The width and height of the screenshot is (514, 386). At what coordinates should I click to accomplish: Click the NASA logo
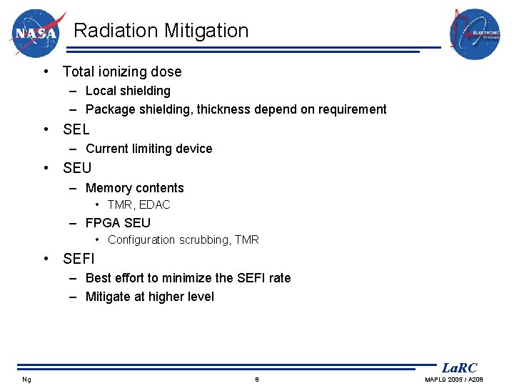pyautogui.click(x=37, y=33)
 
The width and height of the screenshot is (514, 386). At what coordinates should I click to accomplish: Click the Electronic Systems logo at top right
pyautogui.click(x=474, y=34)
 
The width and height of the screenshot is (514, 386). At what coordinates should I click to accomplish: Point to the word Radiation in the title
pyautogui.click(x=116, y=31)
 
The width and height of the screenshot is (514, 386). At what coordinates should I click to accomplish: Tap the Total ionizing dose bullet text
pyautogui.click(x=122, y=71)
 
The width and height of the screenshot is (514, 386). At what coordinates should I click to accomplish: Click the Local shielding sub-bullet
pyautogui.click(x=128, y=91)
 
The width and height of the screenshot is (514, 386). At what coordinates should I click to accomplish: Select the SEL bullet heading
pyautogui.click(x=76, y=129)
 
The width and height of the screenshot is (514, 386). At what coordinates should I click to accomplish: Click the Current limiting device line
pyautogui.click(x=148, y=149)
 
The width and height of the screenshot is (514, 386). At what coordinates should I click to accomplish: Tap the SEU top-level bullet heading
pyautogui.click(x=77, y=168)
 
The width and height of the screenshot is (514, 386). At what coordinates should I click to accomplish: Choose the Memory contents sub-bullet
pyautogui.click(x=134, y=188)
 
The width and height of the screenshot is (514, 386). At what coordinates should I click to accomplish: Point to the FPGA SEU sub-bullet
pyautogui.click(x=118, y=222)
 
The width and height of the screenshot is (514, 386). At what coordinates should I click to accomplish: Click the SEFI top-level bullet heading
pyautogui.click(x=79, y=258)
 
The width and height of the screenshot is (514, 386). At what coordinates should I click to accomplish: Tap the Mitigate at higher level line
pyautogui.click(x=149, y=297)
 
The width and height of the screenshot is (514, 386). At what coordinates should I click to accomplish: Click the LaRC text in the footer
pyautogui.click(x=459, y=368)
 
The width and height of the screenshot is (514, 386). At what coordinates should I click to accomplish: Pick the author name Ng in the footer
pyautogui.click(x=26, y=379)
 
